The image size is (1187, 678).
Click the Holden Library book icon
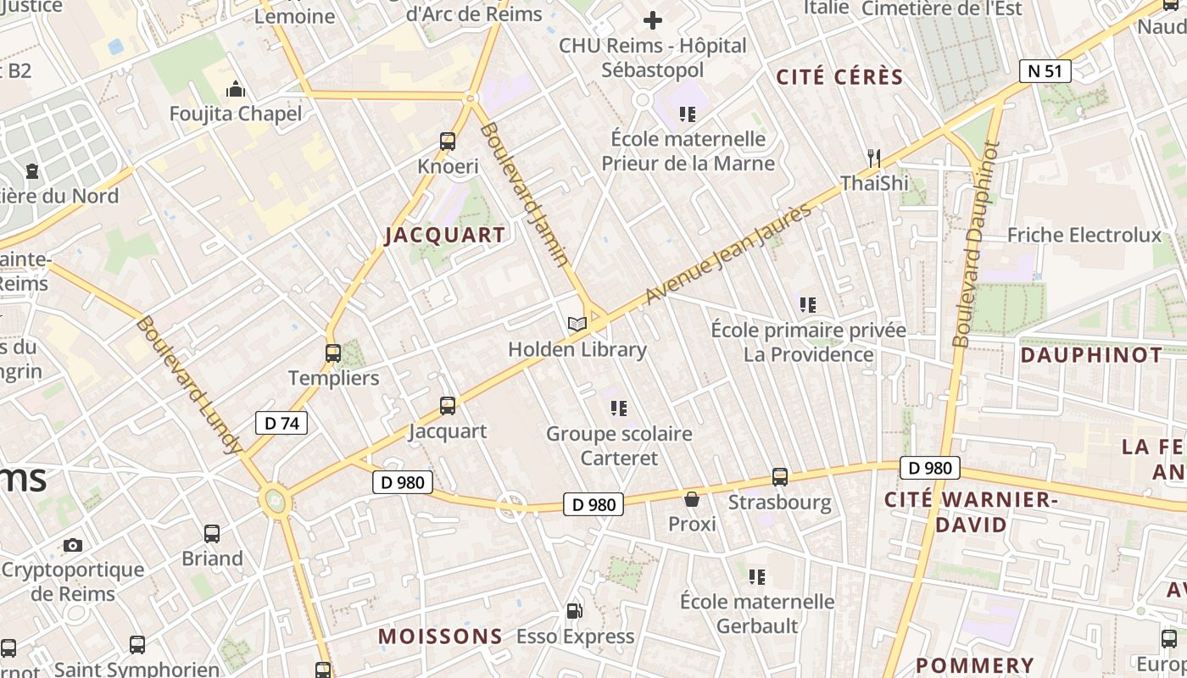(577, 324)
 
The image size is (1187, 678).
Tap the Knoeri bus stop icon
(448, 142)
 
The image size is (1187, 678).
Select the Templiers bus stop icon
(333, 353)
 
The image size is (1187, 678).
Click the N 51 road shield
(1045, 71)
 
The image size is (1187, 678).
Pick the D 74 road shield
(281, 423)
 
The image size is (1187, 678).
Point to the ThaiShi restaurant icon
(874, 158)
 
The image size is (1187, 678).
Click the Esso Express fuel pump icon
(575, 611)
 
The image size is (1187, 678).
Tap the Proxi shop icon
(692, 499)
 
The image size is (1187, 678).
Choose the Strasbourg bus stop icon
(780, 477)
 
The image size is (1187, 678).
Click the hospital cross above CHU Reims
(653, 19)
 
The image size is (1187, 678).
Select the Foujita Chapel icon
(236, 89)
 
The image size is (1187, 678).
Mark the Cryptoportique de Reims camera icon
(73, 545)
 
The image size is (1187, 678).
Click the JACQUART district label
(445, 235)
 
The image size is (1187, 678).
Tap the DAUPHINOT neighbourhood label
(1092, 354)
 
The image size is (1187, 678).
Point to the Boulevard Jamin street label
(524, 194)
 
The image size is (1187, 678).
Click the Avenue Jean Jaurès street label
(728, 254)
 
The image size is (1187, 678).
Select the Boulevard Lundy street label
(189, 385)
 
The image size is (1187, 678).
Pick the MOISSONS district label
(440, 636)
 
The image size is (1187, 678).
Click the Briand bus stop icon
(212, 534)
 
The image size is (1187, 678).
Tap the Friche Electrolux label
(1084, 235)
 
